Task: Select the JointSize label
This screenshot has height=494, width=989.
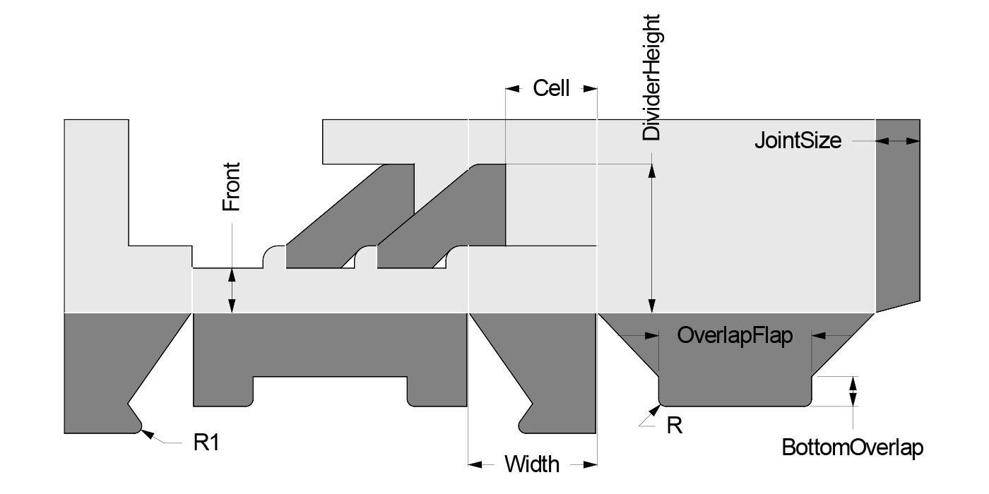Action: pyautogui.click(x=798, y=140)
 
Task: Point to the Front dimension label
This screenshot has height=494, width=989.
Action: pyautogui.click(x=232, y=187)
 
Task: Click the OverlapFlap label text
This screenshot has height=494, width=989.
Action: pyautogui.click(x=735, y=336)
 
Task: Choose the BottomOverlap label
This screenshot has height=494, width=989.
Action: pyautogui.click(x=853, y=447)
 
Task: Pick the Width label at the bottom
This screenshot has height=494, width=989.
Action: pyautogui.click(x=532, y=464)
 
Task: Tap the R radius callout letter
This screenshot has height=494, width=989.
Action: pyautogui.click(x=675, y=426)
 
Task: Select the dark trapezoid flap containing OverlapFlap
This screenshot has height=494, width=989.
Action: pyautogui.click(x=735, y=367)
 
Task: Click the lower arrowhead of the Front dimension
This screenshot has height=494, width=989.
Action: pyautogui.click(x=231, y=304)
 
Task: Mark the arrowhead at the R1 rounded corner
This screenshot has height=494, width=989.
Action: pyautogui.click(x=146, y=433)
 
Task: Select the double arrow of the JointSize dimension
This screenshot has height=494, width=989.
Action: pyautogui.click(x=897, y=141)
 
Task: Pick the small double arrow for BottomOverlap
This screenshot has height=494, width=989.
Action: pyautogui.click(x=853, y=391)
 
